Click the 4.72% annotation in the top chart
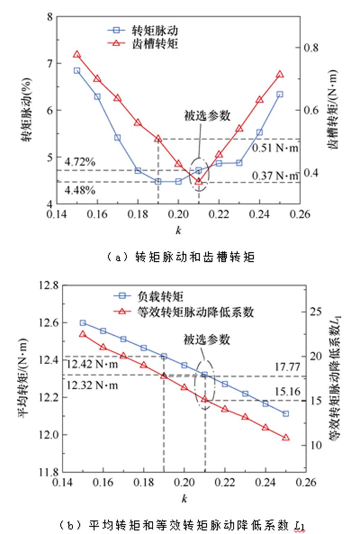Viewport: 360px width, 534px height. (80, 162)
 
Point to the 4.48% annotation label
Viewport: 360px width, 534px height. (80, 191)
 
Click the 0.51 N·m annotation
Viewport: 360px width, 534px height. (275, 148)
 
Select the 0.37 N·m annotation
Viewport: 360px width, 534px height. (275, 176)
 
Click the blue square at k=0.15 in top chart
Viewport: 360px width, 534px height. (77, 70)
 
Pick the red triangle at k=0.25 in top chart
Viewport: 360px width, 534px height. (280, 74)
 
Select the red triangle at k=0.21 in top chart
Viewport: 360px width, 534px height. (199, 181)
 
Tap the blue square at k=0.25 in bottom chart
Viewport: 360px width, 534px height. (286, 413)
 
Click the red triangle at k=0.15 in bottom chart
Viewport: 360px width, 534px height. (83, 334)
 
